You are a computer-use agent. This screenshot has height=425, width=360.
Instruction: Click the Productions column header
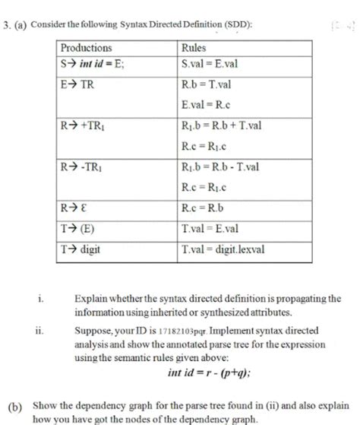click(x=87, y=47)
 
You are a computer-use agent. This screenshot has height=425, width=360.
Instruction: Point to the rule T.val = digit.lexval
click(x=220, y=248)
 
